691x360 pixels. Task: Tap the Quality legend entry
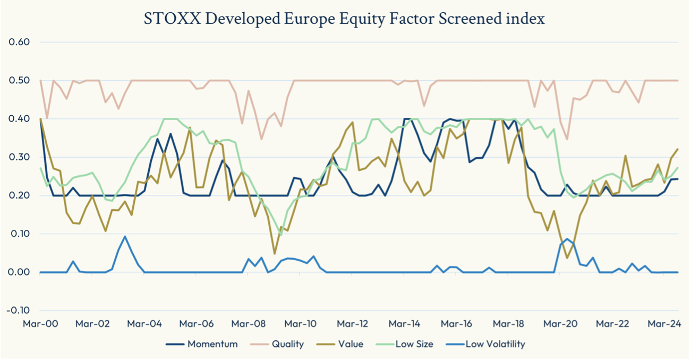287,344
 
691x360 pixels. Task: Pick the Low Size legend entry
414,344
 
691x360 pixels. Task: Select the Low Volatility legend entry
495,344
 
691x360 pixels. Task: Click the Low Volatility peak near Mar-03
125,236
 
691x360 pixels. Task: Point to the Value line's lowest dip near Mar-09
275,254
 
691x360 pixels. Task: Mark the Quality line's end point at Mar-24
678,80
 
